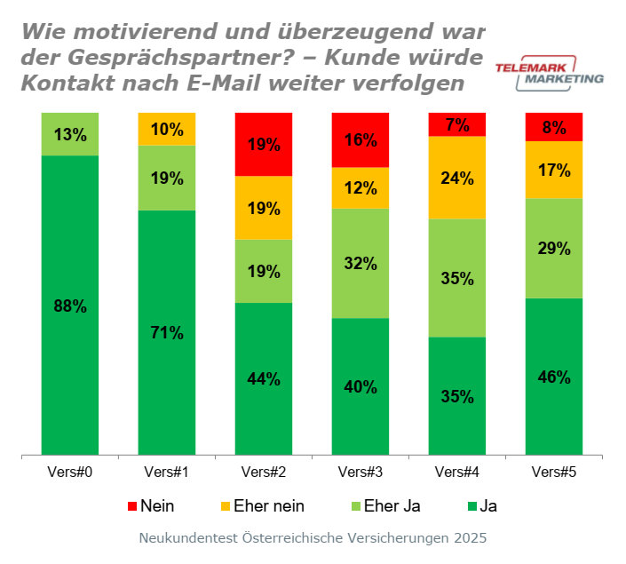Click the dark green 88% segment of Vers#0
(69, 306)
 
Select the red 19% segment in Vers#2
(264, 144)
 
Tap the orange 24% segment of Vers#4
(457, 177)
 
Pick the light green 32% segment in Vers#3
(361, 263)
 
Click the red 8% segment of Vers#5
(554, 127)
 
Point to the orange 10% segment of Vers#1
(167, 129)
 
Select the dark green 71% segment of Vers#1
(167, 333)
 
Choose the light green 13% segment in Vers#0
(69, 134)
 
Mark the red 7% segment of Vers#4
(457, 124)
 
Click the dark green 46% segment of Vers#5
(554, 377)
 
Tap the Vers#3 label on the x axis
(361, 472)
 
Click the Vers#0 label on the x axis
(69, 472)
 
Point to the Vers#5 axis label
(554, 472)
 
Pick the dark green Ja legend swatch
(470, 506)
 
